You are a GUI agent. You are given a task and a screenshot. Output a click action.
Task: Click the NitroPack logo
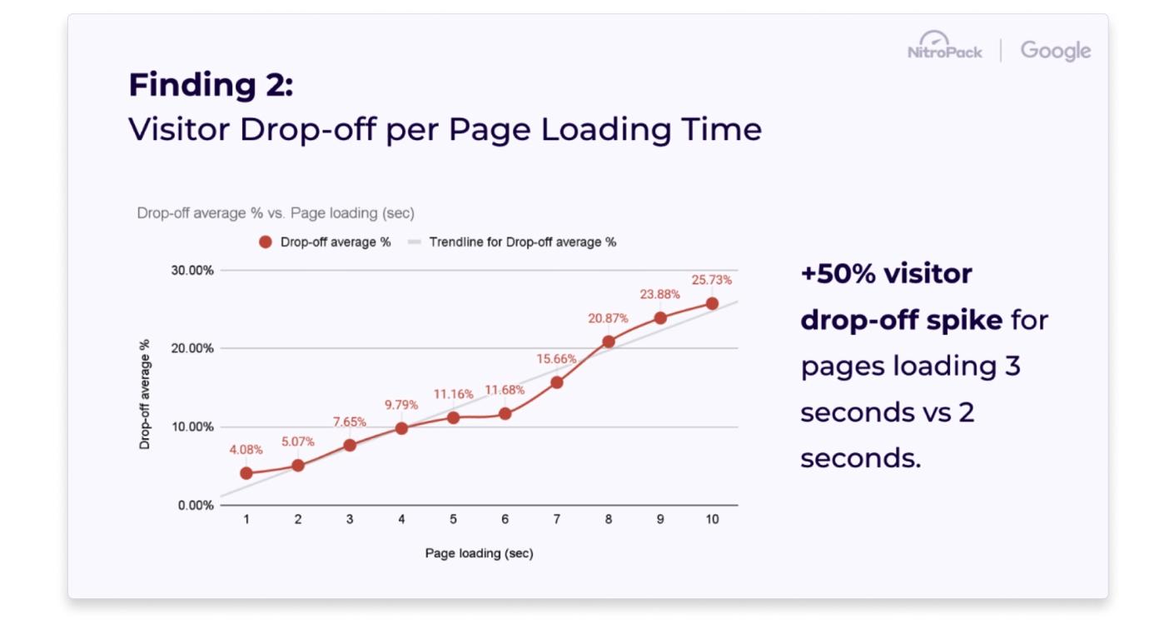point(945,46)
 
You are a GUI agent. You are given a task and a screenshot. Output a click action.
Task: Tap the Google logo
point(1056,51)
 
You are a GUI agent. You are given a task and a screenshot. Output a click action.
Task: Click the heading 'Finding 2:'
point(211,84)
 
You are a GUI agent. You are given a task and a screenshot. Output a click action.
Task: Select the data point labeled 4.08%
point(246,472)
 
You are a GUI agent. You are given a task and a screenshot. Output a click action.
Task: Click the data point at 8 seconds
point(609,342)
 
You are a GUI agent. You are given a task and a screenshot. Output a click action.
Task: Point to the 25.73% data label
point(712,280)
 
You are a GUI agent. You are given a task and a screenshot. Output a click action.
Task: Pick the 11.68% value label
point(505,390)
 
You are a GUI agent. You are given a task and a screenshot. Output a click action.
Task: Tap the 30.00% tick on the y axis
point(192,270)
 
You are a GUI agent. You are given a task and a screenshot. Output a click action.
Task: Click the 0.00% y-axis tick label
point(196,506)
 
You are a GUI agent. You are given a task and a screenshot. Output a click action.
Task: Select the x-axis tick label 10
point(712,519)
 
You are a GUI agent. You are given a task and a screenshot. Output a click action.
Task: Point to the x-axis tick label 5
point(453,519)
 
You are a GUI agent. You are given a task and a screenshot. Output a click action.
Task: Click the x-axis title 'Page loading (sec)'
point(479,553)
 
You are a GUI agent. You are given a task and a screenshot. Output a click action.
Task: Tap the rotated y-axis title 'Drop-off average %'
point(144,395)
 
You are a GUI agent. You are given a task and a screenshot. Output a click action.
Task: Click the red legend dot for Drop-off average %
point(266,242)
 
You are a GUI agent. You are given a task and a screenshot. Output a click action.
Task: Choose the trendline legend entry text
point(523,242)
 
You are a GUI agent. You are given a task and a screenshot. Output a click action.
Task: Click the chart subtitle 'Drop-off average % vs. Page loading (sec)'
point(276,212)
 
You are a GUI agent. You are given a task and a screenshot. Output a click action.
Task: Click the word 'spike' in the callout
point(964,320)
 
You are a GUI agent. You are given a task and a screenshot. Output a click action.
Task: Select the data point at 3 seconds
point(350,446)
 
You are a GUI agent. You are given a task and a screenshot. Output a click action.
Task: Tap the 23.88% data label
point(659,295)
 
